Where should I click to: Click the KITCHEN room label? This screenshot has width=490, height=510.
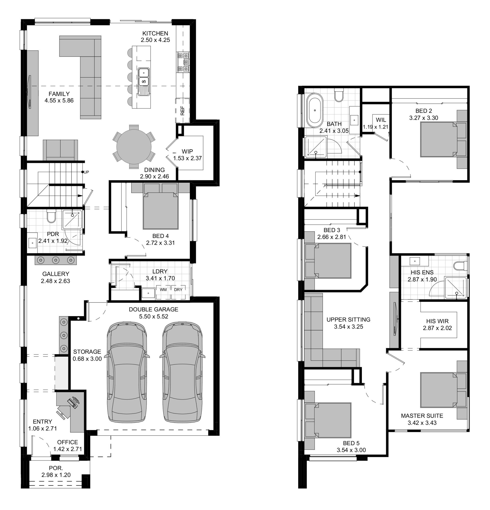pos(155,33)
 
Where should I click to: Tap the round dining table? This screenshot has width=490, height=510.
pos(134,147)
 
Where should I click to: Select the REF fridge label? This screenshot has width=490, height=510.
pos(182,110)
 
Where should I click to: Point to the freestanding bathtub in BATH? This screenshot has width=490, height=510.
pos(315,110)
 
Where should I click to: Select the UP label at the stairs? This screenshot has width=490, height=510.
pos(86,172)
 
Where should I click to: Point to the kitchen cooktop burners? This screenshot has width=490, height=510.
pos(184,62)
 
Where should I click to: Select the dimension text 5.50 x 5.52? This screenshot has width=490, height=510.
pos(154,316)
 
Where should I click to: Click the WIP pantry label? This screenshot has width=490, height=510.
pos(187,151)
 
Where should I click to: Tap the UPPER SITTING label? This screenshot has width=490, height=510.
pos(348,320)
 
